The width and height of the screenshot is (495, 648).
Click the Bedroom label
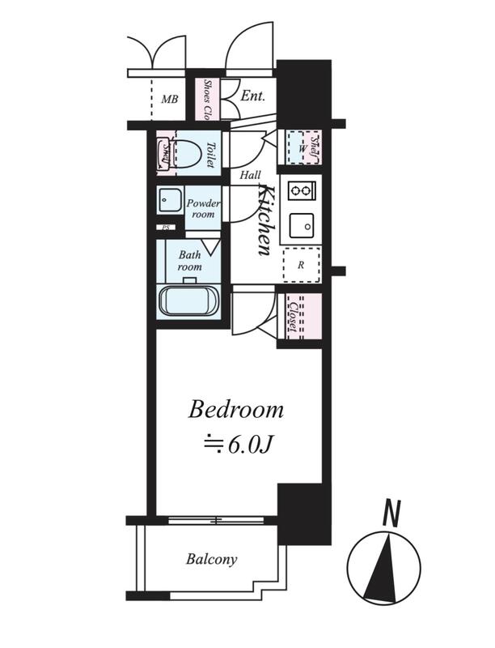[236, 411]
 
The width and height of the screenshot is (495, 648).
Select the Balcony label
[212, 559]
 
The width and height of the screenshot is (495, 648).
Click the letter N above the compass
[391, 514]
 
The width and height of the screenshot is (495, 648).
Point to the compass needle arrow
[383, 568]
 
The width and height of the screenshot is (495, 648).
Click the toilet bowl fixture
[188, 154]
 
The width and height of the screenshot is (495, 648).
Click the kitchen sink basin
[302, 226]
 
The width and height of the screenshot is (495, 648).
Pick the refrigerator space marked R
[302, 265]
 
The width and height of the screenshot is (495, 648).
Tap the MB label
[170, 100]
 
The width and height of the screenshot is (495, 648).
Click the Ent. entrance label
[252, 96]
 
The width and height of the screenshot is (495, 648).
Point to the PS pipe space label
[166, 228]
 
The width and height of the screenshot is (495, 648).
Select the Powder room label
[202, 209]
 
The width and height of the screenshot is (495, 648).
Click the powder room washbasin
[169, 201]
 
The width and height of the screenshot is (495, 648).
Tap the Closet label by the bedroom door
[293, 316]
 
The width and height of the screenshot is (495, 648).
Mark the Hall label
[250, 175]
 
